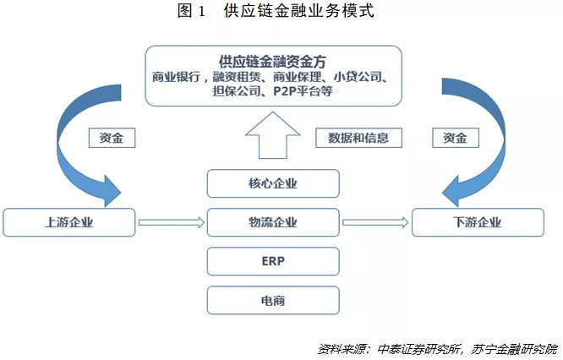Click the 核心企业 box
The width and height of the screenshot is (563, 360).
pyautogui.click(x=273, y=183)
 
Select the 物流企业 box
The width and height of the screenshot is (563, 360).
pyautogui.click(x=273, y=223)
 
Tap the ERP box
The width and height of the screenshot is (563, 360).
pyautogui.click(x=273, y=261)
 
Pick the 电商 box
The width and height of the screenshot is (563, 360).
pyautogui.click(x=273, y=300)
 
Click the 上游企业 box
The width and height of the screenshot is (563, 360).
pyautogui.click(x=68, y=223)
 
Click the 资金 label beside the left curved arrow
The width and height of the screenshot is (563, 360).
pyautogui.click(x=111, y=138)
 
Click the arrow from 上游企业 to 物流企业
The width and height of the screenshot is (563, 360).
pyautogui.click(x=172, y=223)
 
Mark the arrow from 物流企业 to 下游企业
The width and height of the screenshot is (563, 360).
pyautogui.click(x=374, y=223)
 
